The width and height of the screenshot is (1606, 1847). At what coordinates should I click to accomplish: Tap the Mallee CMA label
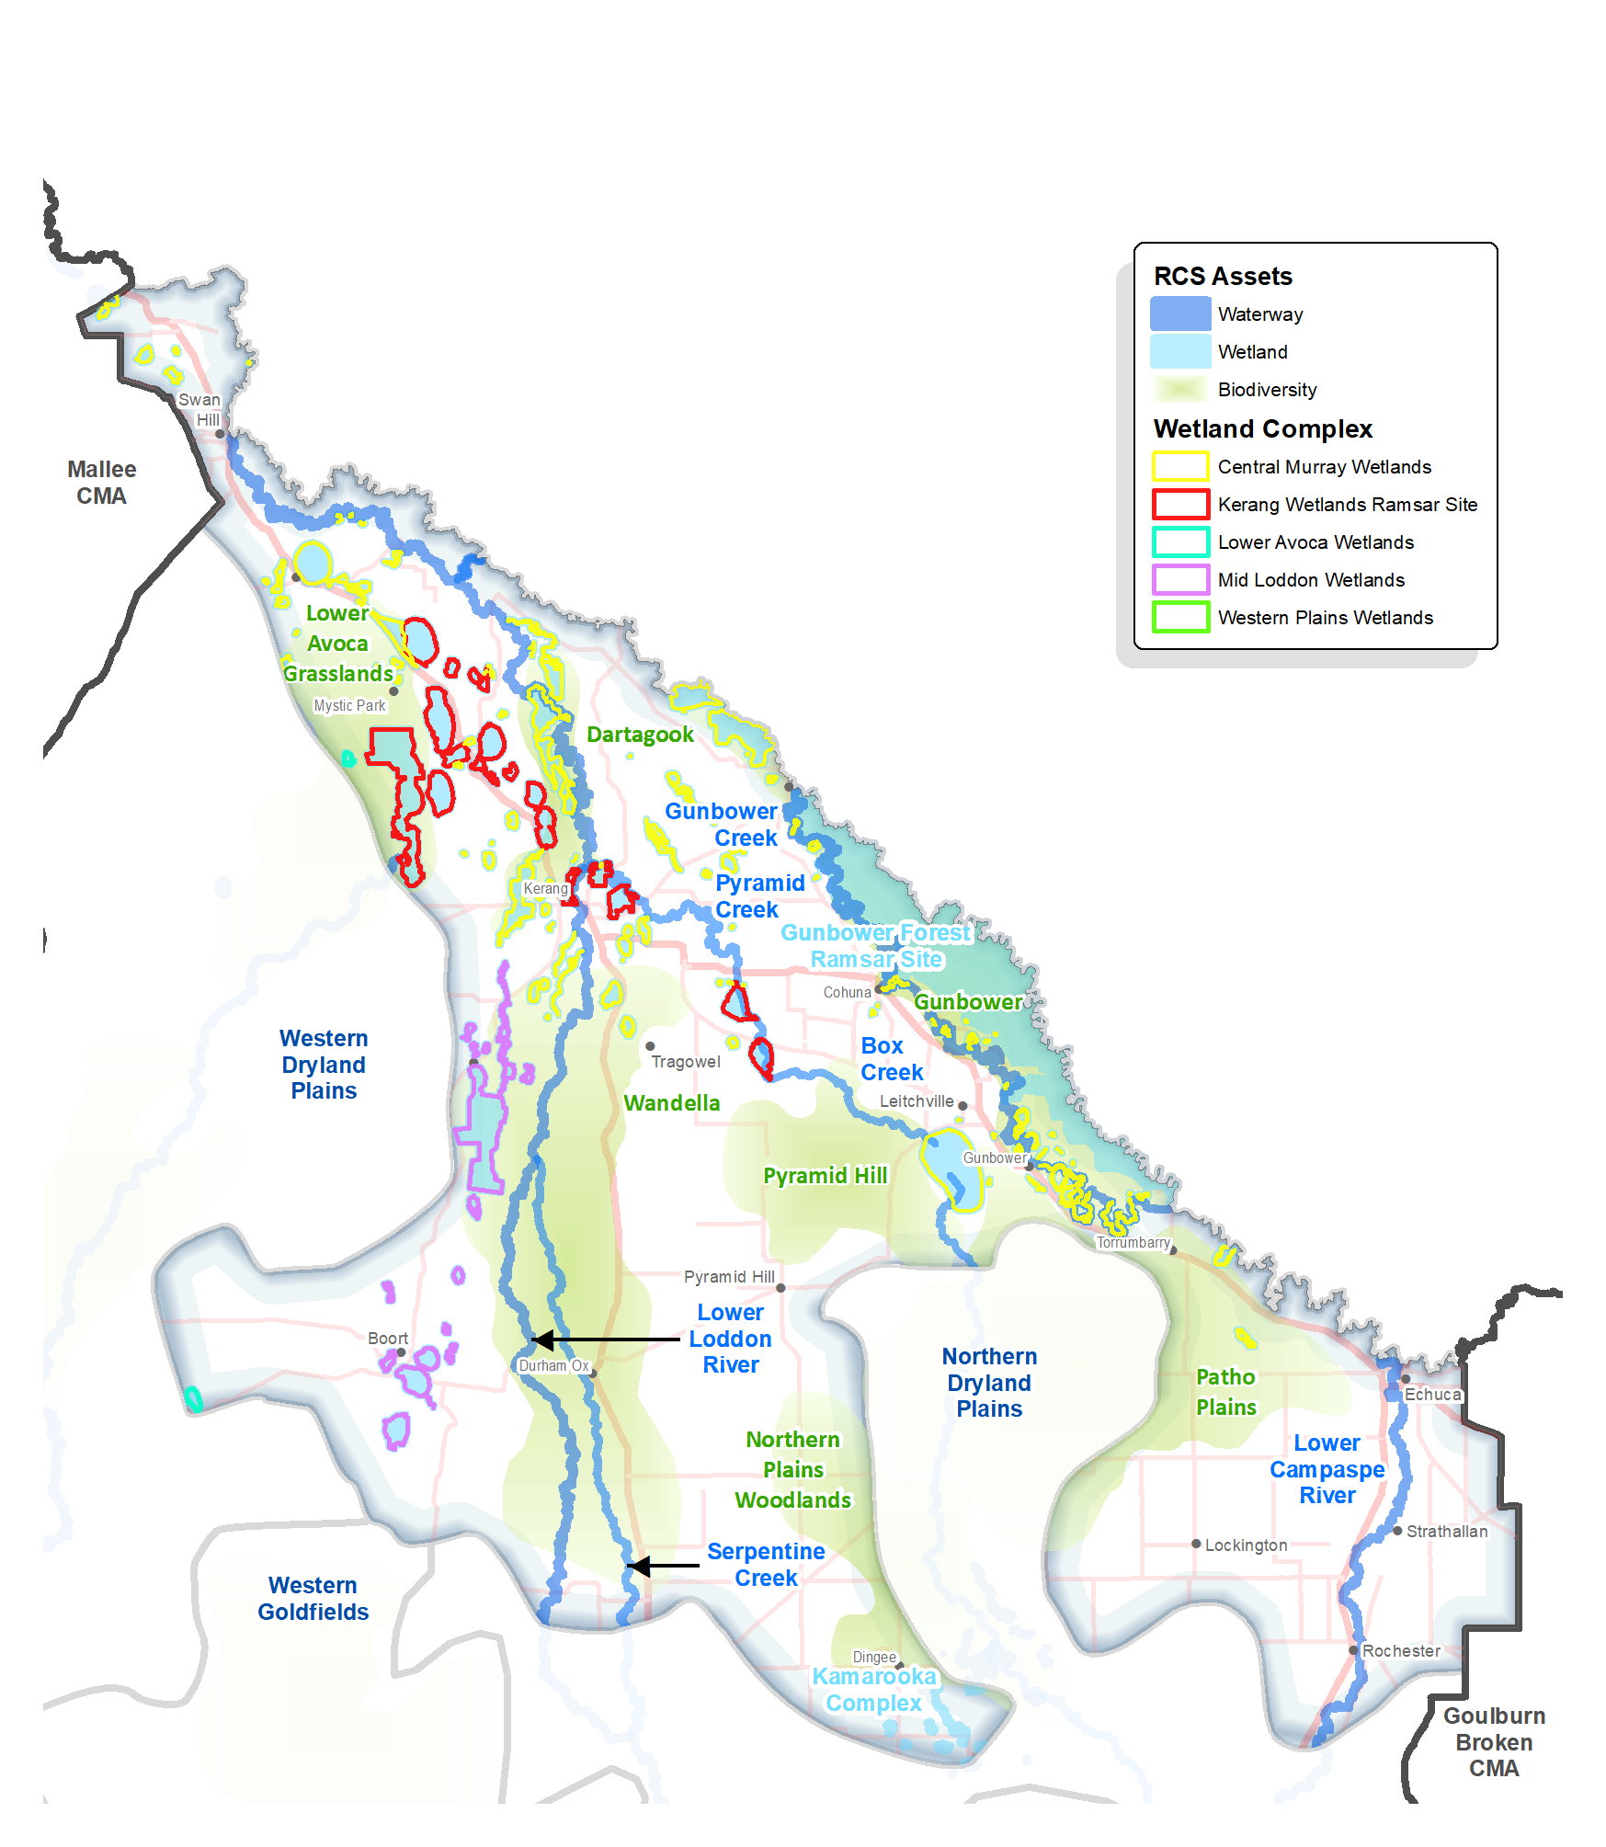click(x=101, y=483)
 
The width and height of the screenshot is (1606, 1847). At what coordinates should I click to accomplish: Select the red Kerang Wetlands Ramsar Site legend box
click(x=1180, y=504)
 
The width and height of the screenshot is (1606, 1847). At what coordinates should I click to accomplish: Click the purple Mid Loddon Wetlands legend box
click(x=1180, y=579)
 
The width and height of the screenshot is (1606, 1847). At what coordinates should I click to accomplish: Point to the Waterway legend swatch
click(x=1180, y=314)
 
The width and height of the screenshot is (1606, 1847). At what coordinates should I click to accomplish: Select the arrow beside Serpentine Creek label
click(x=662, y=1565)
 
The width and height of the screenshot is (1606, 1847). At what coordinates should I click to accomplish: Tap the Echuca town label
click(x=1432, y=1394)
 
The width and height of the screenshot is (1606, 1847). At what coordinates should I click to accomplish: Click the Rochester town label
click(x=1401, y=1650)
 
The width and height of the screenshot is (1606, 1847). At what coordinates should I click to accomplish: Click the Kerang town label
click(x=545, y=888)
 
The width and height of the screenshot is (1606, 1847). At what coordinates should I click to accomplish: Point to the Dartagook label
click(x=640, y=735)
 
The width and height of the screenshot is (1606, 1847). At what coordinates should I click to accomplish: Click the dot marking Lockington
click(x=1196, y=1544)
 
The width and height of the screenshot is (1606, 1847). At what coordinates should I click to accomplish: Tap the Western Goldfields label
click(x=313, y=1598)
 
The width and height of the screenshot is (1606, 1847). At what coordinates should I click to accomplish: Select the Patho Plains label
click(x=1225, y=1392)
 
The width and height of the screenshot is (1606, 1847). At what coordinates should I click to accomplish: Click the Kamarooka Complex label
click(x=873, y=1689)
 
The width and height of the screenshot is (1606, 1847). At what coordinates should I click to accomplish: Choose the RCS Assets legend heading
click(x=1223, y=276)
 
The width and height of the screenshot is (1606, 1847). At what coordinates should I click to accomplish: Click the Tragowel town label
click(x=686, y=1062)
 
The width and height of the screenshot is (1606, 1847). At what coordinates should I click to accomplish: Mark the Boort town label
click(x=388, y=1338)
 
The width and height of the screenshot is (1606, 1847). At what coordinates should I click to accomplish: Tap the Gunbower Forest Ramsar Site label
click(x=875, y=945)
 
